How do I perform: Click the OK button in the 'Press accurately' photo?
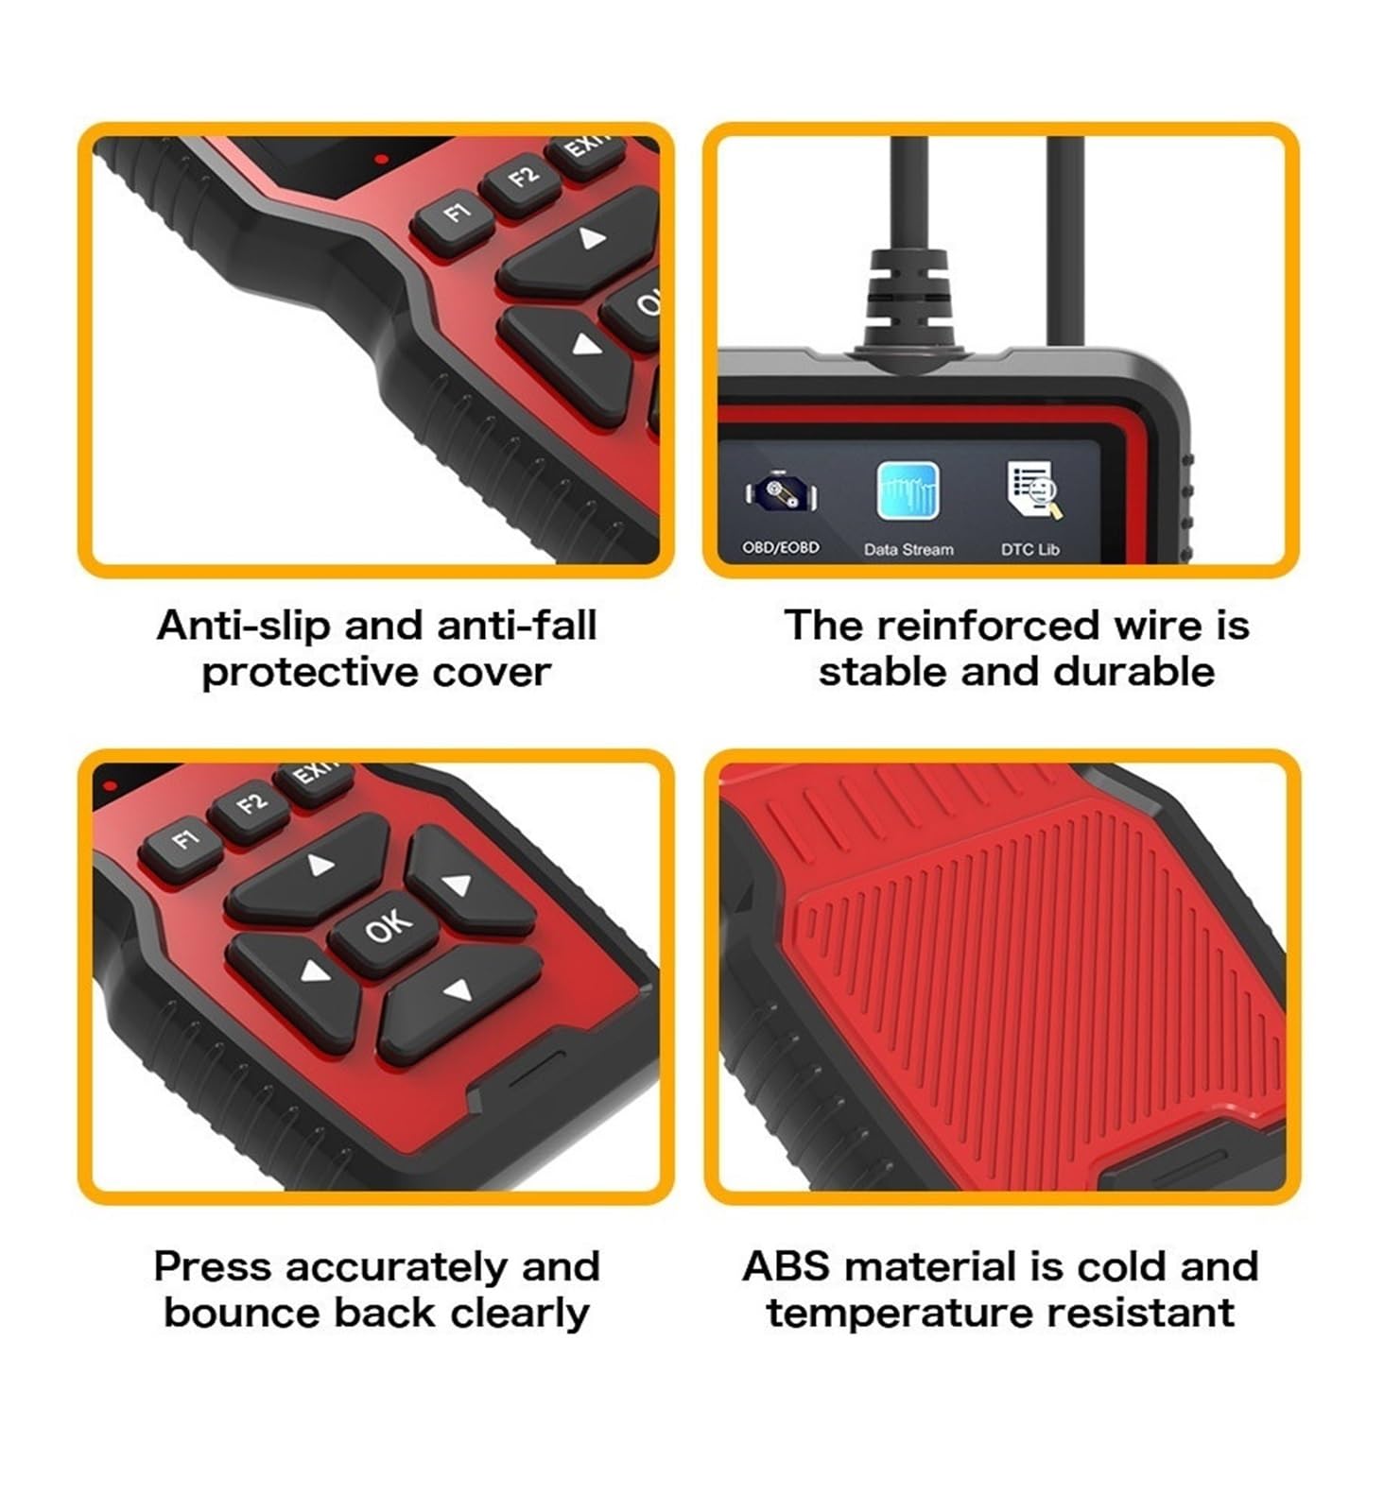386,932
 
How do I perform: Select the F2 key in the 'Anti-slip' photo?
521,179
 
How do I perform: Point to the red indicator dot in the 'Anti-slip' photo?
380,159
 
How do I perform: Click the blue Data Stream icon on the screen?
908,491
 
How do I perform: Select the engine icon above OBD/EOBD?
780,492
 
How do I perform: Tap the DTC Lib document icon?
1032,490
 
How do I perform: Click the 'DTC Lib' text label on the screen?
1029,549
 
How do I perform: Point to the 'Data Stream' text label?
908,549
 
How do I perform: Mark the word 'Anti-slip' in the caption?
244,626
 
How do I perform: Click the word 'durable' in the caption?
1133,672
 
